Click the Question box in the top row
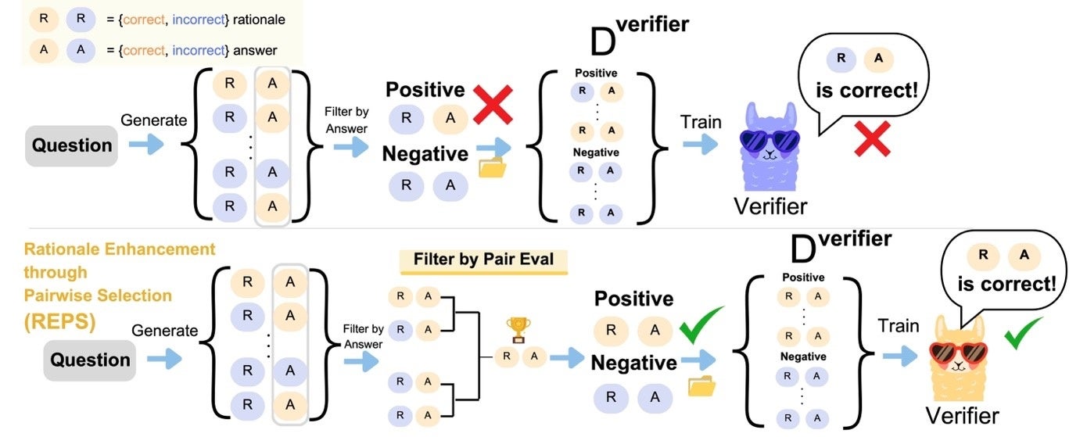[x=72, y=145]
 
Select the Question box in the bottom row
[x=90, y=360]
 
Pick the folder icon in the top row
[x=492, y=167]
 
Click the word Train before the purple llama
[x=701, y=123]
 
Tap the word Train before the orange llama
[x=898, y=325]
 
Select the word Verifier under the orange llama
[x=962, y=414]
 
